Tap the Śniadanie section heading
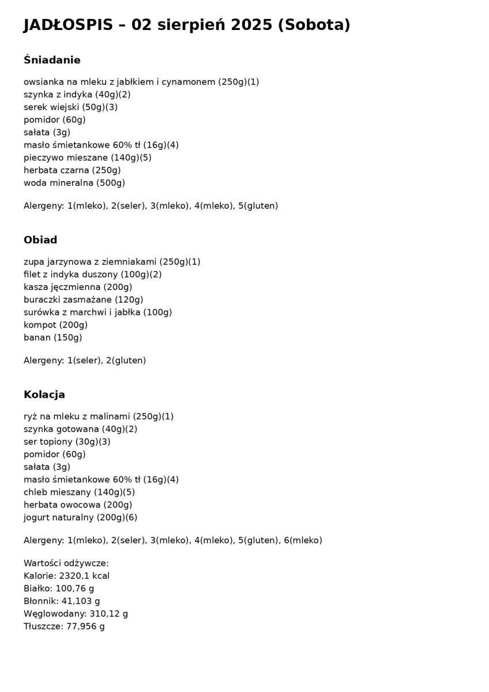coord(52,60)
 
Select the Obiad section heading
coord(40,240)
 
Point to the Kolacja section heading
coord(44,394)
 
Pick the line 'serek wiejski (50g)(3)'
coord(70,107)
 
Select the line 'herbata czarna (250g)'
coord(72,170)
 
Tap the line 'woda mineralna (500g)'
coord(74,183)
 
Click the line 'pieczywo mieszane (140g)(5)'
coord(88,157)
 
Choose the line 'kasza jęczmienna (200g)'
coord(78,287)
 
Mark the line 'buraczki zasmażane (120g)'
coord(84,300)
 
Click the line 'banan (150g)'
coord(53,338)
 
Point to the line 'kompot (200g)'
coord(56,325)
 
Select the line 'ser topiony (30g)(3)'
coord(67,442)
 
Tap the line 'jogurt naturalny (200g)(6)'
coord(80,518)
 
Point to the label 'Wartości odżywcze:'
coord(66,563)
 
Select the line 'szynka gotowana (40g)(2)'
coord(80,429)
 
